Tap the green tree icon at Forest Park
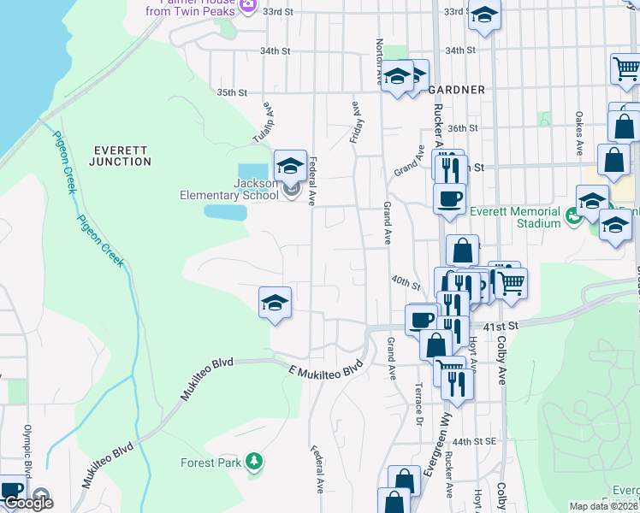pos(253,463)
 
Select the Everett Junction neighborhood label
pos(122,155)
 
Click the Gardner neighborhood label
pos(457,90)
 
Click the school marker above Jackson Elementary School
pos(290,165)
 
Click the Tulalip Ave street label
pos(269,125)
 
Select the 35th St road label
pos(232,92)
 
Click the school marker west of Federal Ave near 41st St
pos(275,304)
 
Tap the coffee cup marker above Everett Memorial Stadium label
pos(449,199)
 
